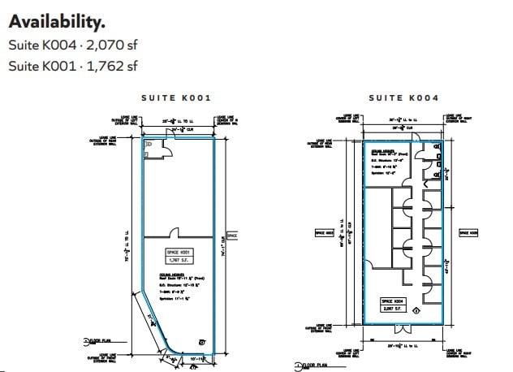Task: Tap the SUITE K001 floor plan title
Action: [x=176, y=97]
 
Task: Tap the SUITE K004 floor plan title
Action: [x=403, y=97]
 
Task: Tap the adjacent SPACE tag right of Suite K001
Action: [x=231, y=236]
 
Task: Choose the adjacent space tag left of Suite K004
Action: [x=325, y=233]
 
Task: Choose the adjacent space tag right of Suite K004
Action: [x=468, y=233]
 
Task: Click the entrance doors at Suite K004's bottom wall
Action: [x=403, y=328]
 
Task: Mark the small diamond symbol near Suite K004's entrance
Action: [x=416, y=309]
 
